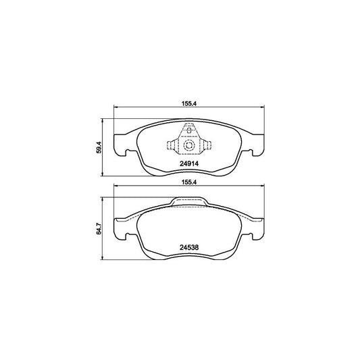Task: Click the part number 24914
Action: click(x=189, y=163)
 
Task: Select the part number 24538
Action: click(x=189, y=247)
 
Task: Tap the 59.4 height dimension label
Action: click(x=99, y=147)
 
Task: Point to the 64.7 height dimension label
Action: click(x=99, y=228)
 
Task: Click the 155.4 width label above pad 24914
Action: click(x=189, y=103)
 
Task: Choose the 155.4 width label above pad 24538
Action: click(x=189, y=182)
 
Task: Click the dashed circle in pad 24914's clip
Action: click(x=189, y=145)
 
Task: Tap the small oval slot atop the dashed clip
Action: click(x=189, y=130)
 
